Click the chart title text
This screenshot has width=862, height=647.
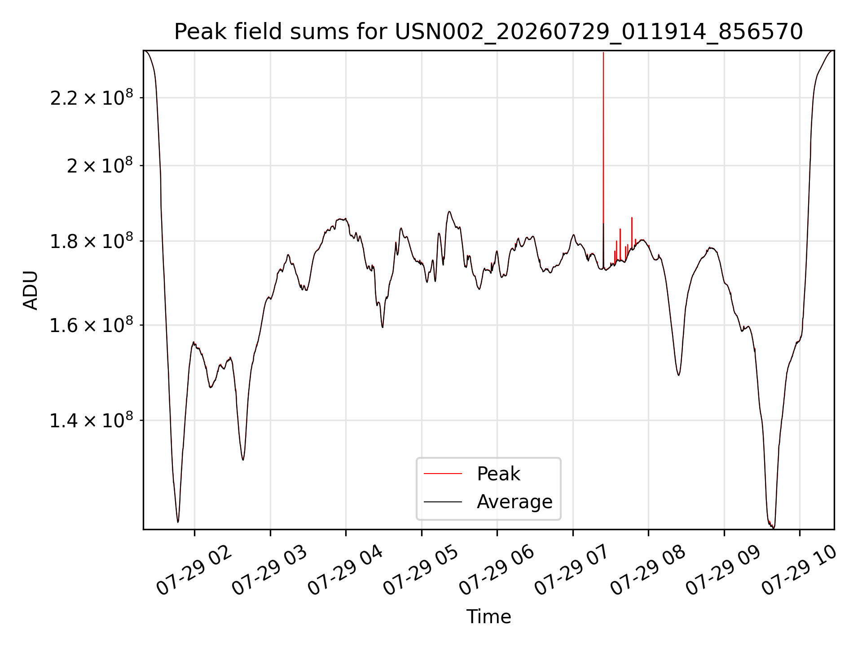pyautogui.click(x=488, y=32)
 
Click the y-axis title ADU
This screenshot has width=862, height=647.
pyautogui.click(x=31, y=290)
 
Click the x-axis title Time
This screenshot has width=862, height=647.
pyautogui.click(x=488, y=617)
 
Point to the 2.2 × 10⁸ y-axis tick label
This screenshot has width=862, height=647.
pyautogui.click(x=92, y=98)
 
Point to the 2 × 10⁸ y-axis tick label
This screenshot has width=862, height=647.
pyautogui.click(x=100, y=166)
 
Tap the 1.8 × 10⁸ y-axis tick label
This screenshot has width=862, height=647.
pyautogui.click(x=92, y=241)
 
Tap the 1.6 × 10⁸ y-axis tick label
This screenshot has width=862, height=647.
pyautogui.click(x=92, y=325)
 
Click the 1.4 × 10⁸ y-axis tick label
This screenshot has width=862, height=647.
pyautogui.click(x=92, y=421)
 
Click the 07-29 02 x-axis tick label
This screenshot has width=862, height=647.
pyautogui.click(x=194, y=571)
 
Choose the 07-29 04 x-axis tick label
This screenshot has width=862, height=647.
pyautogui.click(x=345, y=571)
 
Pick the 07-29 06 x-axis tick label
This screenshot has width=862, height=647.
pyautogui.click(x=497, y=571)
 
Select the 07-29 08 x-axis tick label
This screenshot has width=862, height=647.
pyautogui.click(x=648, y=571)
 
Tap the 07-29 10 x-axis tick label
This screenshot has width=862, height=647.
pyautogui.click(x=799, y=571)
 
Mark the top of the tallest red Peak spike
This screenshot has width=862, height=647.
pyautogui.click(x=603, y=53)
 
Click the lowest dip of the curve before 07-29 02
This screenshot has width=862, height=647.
pyautogui.click(x=178, y=522)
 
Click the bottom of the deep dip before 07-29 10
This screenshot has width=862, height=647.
pyautogui.click(x=773, y=528)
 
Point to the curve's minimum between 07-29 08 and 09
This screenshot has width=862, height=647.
pyautogui.click(x=678, y=375)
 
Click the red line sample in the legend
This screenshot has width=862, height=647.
pyautogui.click(x=443, y=474)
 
